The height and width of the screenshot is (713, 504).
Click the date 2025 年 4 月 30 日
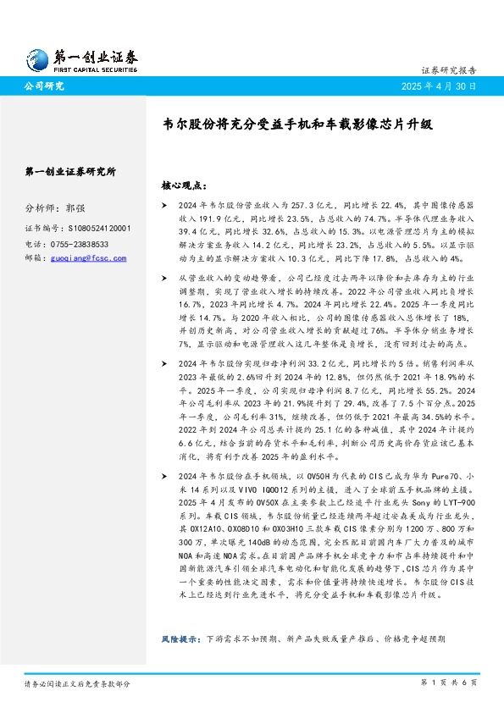point(439,87)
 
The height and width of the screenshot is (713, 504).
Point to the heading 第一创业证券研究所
point(71,171)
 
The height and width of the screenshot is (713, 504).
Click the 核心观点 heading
point(183,185)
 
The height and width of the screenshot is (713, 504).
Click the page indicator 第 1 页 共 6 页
point(449,683)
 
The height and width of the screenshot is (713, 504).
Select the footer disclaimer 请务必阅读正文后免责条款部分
point(77,683)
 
